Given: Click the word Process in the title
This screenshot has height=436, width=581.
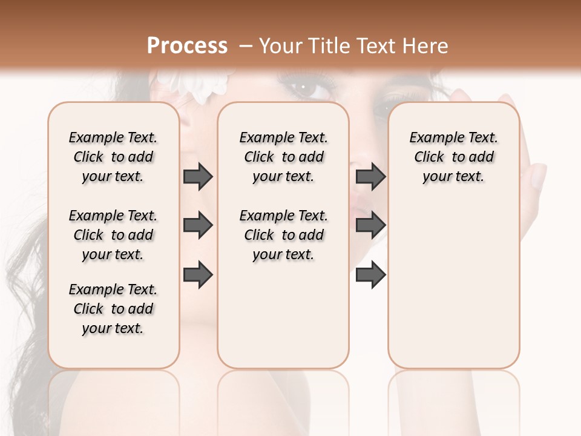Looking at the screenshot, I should point(187,46).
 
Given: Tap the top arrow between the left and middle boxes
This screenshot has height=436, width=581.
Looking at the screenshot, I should point(198,177).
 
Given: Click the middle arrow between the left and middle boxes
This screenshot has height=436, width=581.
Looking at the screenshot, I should point(198,226).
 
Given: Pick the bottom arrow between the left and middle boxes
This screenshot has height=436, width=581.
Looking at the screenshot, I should point(198,275).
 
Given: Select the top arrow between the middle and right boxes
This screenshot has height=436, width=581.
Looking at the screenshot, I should point(370,177).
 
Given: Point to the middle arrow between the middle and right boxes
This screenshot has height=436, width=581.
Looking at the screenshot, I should point(370,226).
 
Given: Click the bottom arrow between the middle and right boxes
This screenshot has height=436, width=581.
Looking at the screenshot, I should point(370,275).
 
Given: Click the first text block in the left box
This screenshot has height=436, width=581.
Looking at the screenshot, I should point(113,157).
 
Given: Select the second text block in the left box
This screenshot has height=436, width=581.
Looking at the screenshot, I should point(113,235).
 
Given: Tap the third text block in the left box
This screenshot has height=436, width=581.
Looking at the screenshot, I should point(113,309).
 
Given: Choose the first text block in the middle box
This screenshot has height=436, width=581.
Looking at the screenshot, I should point(283,157).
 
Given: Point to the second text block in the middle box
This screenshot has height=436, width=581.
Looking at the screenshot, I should point(283,235).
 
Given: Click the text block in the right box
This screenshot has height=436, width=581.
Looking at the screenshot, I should point(454,157).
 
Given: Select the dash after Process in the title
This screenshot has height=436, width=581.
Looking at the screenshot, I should point(246,47).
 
